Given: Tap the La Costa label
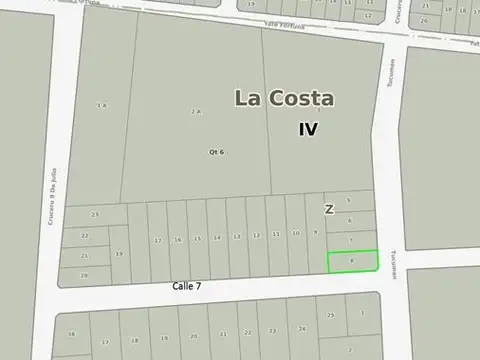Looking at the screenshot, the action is click(285, 98).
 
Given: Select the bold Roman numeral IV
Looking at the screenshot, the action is click(309, 129).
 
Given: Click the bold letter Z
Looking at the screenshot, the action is click(329, 209).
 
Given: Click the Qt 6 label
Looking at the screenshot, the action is click(216, 151).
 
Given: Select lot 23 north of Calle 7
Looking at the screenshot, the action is click(96, 215).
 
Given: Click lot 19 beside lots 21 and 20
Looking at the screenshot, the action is click(119, 254).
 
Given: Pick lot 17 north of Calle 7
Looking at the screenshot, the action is click(158, 240).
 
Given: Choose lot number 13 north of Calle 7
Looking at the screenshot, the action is click(236, 236).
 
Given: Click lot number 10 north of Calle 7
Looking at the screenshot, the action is click(295, 233).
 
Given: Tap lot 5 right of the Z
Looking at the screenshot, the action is click(349, 201).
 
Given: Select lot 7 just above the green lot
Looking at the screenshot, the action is click(350, 240).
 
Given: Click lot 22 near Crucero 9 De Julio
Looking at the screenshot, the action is click(85, 236).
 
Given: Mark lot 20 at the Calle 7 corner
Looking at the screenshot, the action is click(85, 274).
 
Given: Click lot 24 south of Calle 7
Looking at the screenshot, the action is click(301, 328).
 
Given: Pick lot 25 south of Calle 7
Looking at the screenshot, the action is click(331, 315).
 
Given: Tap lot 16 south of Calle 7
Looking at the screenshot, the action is click(72, 334).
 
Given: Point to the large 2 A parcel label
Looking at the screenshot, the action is click(197, 112).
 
